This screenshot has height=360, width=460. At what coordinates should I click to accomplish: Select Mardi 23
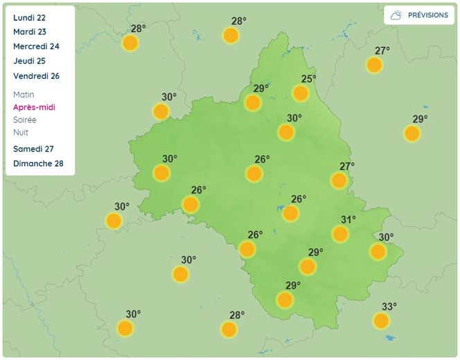coord(29,32)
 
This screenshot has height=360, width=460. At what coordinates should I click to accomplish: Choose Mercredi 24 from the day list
coord(35,46)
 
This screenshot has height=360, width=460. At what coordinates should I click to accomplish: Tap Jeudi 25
coord(28,61)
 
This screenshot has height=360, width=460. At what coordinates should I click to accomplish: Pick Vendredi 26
coord(36,75)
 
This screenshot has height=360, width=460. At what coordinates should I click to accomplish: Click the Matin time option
coord(24,94)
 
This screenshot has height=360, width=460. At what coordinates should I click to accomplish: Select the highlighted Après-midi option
coord(34,107)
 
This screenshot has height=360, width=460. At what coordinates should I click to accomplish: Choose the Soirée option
coord(24,120)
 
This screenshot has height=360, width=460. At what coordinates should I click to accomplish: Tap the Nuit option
coord(21,132)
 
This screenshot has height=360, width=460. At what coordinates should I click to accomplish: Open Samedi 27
coord(33,149)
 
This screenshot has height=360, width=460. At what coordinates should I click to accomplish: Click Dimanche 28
coord(38,163)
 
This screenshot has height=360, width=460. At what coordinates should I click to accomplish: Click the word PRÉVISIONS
coord(427,15)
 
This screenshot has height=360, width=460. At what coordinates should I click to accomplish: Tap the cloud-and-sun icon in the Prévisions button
coord(397,15)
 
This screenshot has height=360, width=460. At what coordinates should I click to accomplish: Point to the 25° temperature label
coord(308,79)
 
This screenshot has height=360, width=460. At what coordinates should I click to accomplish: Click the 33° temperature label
coord(389,307)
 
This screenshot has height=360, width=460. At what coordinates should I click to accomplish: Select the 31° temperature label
coord(348,219)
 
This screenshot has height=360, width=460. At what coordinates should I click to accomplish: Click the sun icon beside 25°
coord(301,93)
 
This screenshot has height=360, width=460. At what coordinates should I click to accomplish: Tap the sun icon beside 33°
coord(381,321)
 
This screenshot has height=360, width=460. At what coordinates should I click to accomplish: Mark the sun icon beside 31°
coord(340,234)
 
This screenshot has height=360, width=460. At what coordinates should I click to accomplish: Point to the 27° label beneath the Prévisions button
coord(382,51)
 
